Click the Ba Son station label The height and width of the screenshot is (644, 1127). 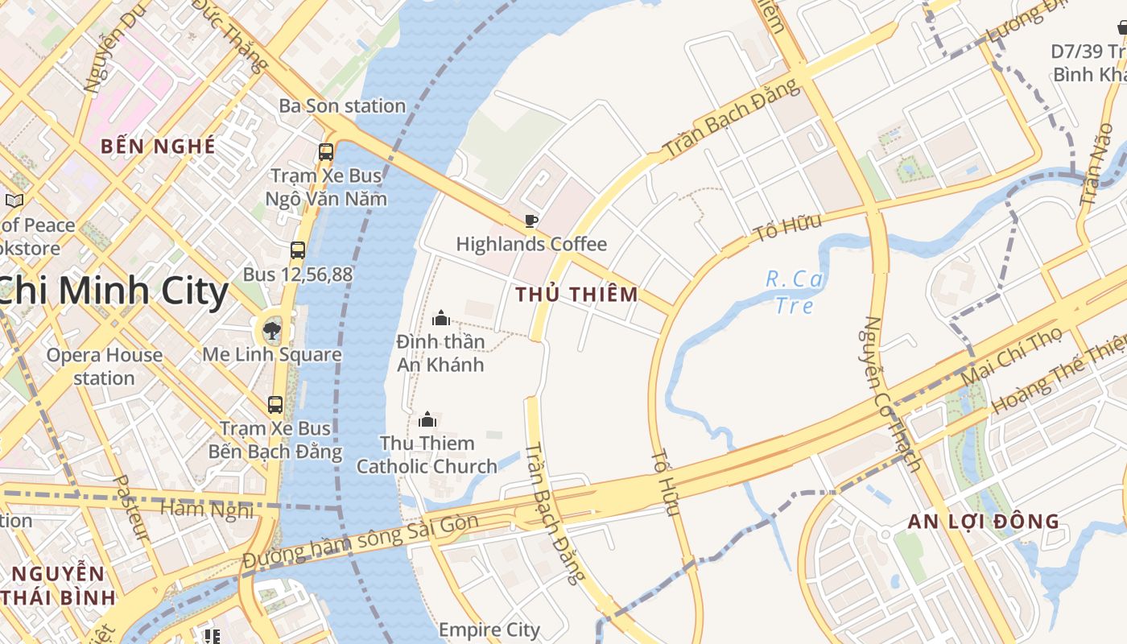342,105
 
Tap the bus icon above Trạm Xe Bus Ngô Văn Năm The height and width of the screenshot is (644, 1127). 326,151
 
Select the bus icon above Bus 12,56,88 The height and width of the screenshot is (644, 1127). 298,250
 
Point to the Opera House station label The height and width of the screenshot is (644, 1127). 104,366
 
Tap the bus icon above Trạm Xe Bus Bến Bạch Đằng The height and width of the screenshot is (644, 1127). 275,404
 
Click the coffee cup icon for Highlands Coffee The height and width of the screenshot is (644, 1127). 530,220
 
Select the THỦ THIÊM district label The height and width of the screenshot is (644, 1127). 576,295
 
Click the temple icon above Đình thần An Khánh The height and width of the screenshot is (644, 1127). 440,318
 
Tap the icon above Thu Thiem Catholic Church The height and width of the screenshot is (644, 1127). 427,419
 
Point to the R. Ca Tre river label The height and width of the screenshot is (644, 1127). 792,291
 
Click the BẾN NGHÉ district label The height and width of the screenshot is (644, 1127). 158,147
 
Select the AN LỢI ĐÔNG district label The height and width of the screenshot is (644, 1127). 984,521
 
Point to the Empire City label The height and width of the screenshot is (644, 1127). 489,629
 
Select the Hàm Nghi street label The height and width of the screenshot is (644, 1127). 207,509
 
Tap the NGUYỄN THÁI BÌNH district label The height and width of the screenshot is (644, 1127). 59,585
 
